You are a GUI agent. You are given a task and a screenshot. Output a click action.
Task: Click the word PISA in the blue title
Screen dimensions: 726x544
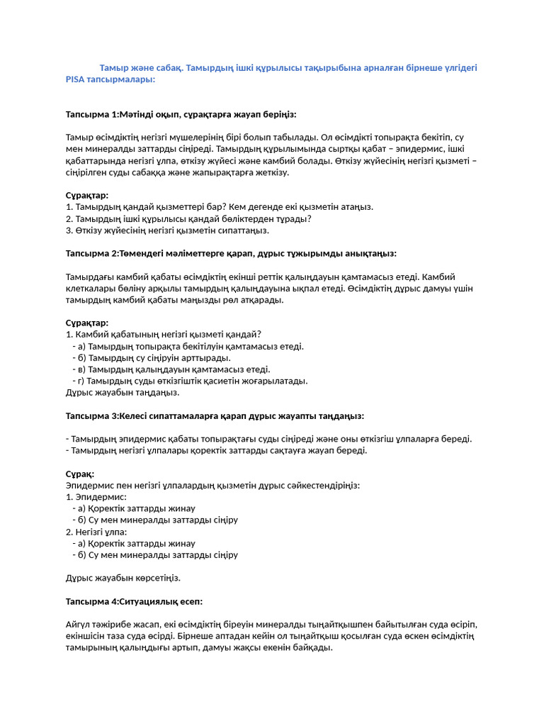[x=75, y=79]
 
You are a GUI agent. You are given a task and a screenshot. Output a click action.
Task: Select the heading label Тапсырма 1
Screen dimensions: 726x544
[x=91, y=114]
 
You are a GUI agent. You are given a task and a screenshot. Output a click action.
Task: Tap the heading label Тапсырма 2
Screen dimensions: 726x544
[x=91, y=253]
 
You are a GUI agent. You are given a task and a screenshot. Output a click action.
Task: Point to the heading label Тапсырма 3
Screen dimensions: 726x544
[x=91, y=415]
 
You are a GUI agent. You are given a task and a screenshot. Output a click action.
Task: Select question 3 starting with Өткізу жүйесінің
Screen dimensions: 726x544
[x=167, y=230]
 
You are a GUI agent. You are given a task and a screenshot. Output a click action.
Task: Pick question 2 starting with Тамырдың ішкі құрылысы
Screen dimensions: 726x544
[x=188, y=218]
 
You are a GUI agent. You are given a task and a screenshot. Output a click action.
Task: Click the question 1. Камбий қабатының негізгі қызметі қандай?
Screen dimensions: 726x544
[x=164, y=334]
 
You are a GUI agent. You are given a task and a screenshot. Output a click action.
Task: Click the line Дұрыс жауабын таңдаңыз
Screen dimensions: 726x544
[x=123, y=392]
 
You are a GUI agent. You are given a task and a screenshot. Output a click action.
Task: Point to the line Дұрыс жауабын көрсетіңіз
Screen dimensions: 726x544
[x=123, y=578]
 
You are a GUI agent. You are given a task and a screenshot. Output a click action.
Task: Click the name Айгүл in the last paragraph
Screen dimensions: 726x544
[x=78, y=624]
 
